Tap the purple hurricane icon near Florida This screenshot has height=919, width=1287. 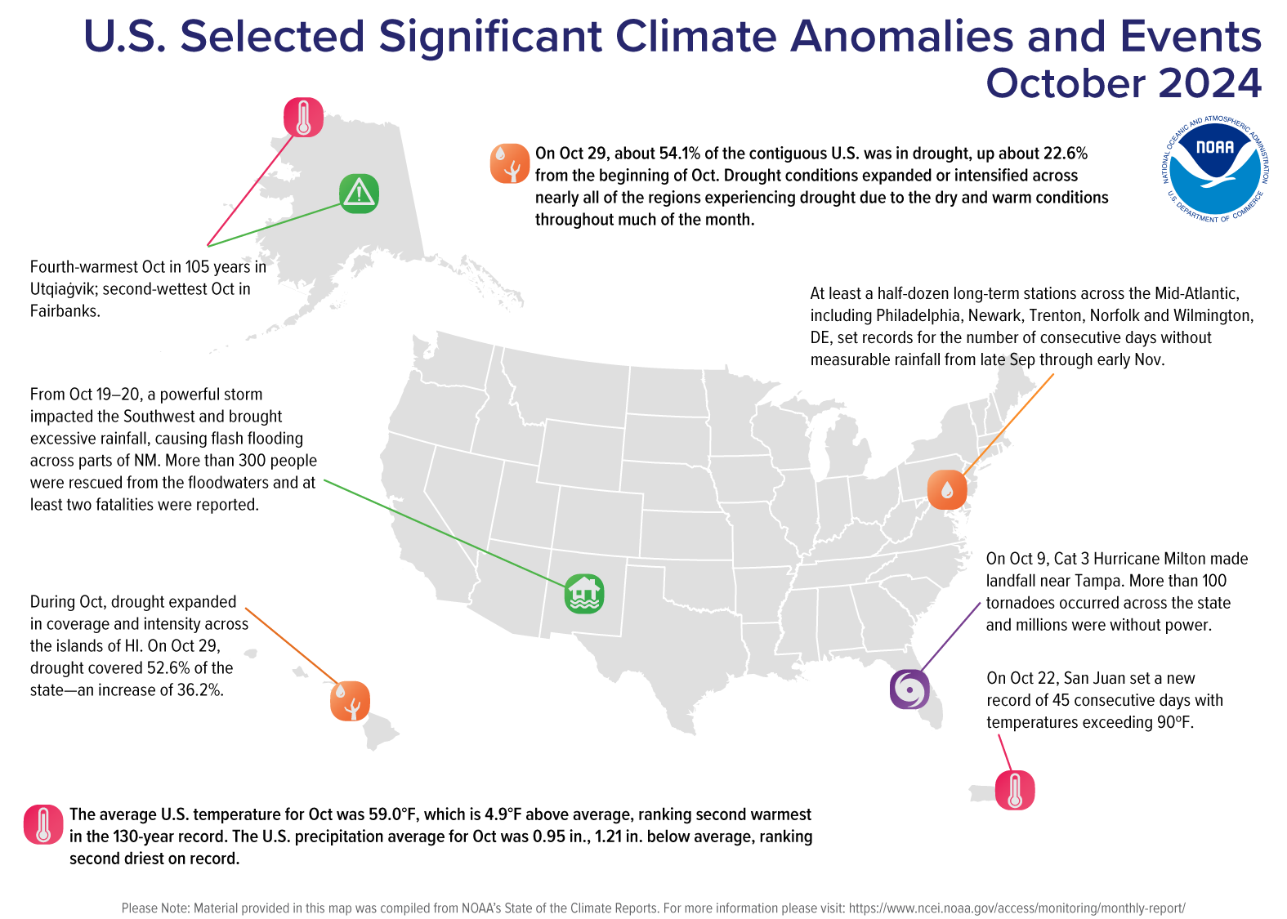(x=909, y=689)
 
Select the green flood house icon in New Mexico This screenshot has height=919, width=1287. (x=584, y=594)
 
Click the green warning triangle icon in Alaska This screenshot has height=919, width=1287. (x=359, y=194)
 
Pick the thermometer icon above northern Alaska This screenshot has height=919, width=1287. (x=303, y=117)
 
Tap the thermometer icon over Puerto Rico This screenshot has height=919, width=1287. (x=1015, y=790)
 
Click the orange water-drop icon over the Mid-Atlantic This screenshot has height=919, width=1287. (x=947, y=489)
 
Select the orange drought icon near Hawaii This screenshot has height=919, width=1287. (x=350, y=701)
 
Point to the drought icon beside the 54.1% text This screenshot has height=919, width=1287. (x=510, y=163)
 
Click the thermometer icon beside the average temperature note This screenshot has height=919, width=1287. (x=43, y=824)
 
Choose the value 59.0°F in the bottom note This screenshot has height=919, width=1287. (x=392, y=814)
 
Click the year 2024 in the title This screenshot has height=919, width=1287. (x=1209, y=83)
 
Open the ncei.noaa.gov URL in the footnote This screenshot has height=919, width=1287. (x=1017, y=908)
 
